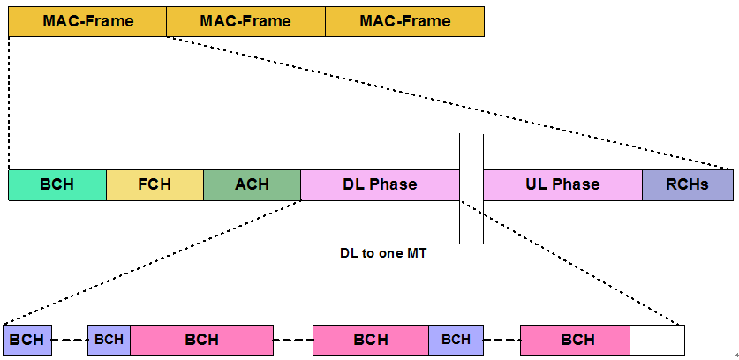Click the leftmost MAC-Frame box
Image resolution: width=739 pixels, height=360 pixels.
pos(87,21)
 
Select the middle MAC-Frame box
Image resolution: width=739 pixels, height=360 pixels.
pos(245,21)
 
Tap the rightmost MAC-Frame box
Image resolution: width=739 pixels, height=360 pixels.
pos(404,21)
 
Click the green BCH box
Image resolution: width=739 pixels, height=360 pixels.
pos(57,184)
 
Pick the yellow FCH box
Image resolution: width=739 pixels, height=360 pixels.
pos(155,184)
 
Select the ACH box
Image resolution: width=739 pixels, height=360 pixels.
pos(252,184)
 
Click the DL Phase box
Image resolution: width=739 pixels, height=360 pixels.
pos(380,184)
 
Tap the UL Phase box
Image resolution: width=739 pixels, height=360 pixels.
pos(562,184)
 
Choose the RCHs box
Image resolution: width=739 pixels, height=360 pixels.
pos(687,184)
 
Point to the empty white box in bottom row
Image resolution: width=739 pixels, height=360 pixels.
pos(658,340)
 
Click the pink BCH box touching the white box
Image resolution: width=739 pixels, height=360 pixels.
pos(576,340)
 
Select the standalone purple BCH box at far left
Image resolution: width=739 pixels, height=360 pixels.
pos(27,340)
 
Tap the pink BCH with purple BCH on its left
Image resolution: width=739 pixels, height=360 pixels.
pos(201,340)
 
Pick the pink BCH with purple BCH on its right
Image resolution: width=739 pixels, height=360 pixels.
pos(371,340)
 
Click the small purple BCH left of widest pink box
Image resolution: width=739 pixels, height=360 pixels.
pos(109,340)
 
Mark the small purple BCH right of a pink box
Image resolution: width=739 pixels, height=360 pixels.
pos(456,340)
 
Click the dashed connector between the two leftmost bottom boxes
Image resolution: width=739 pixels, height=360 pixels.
pos(70,340)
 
